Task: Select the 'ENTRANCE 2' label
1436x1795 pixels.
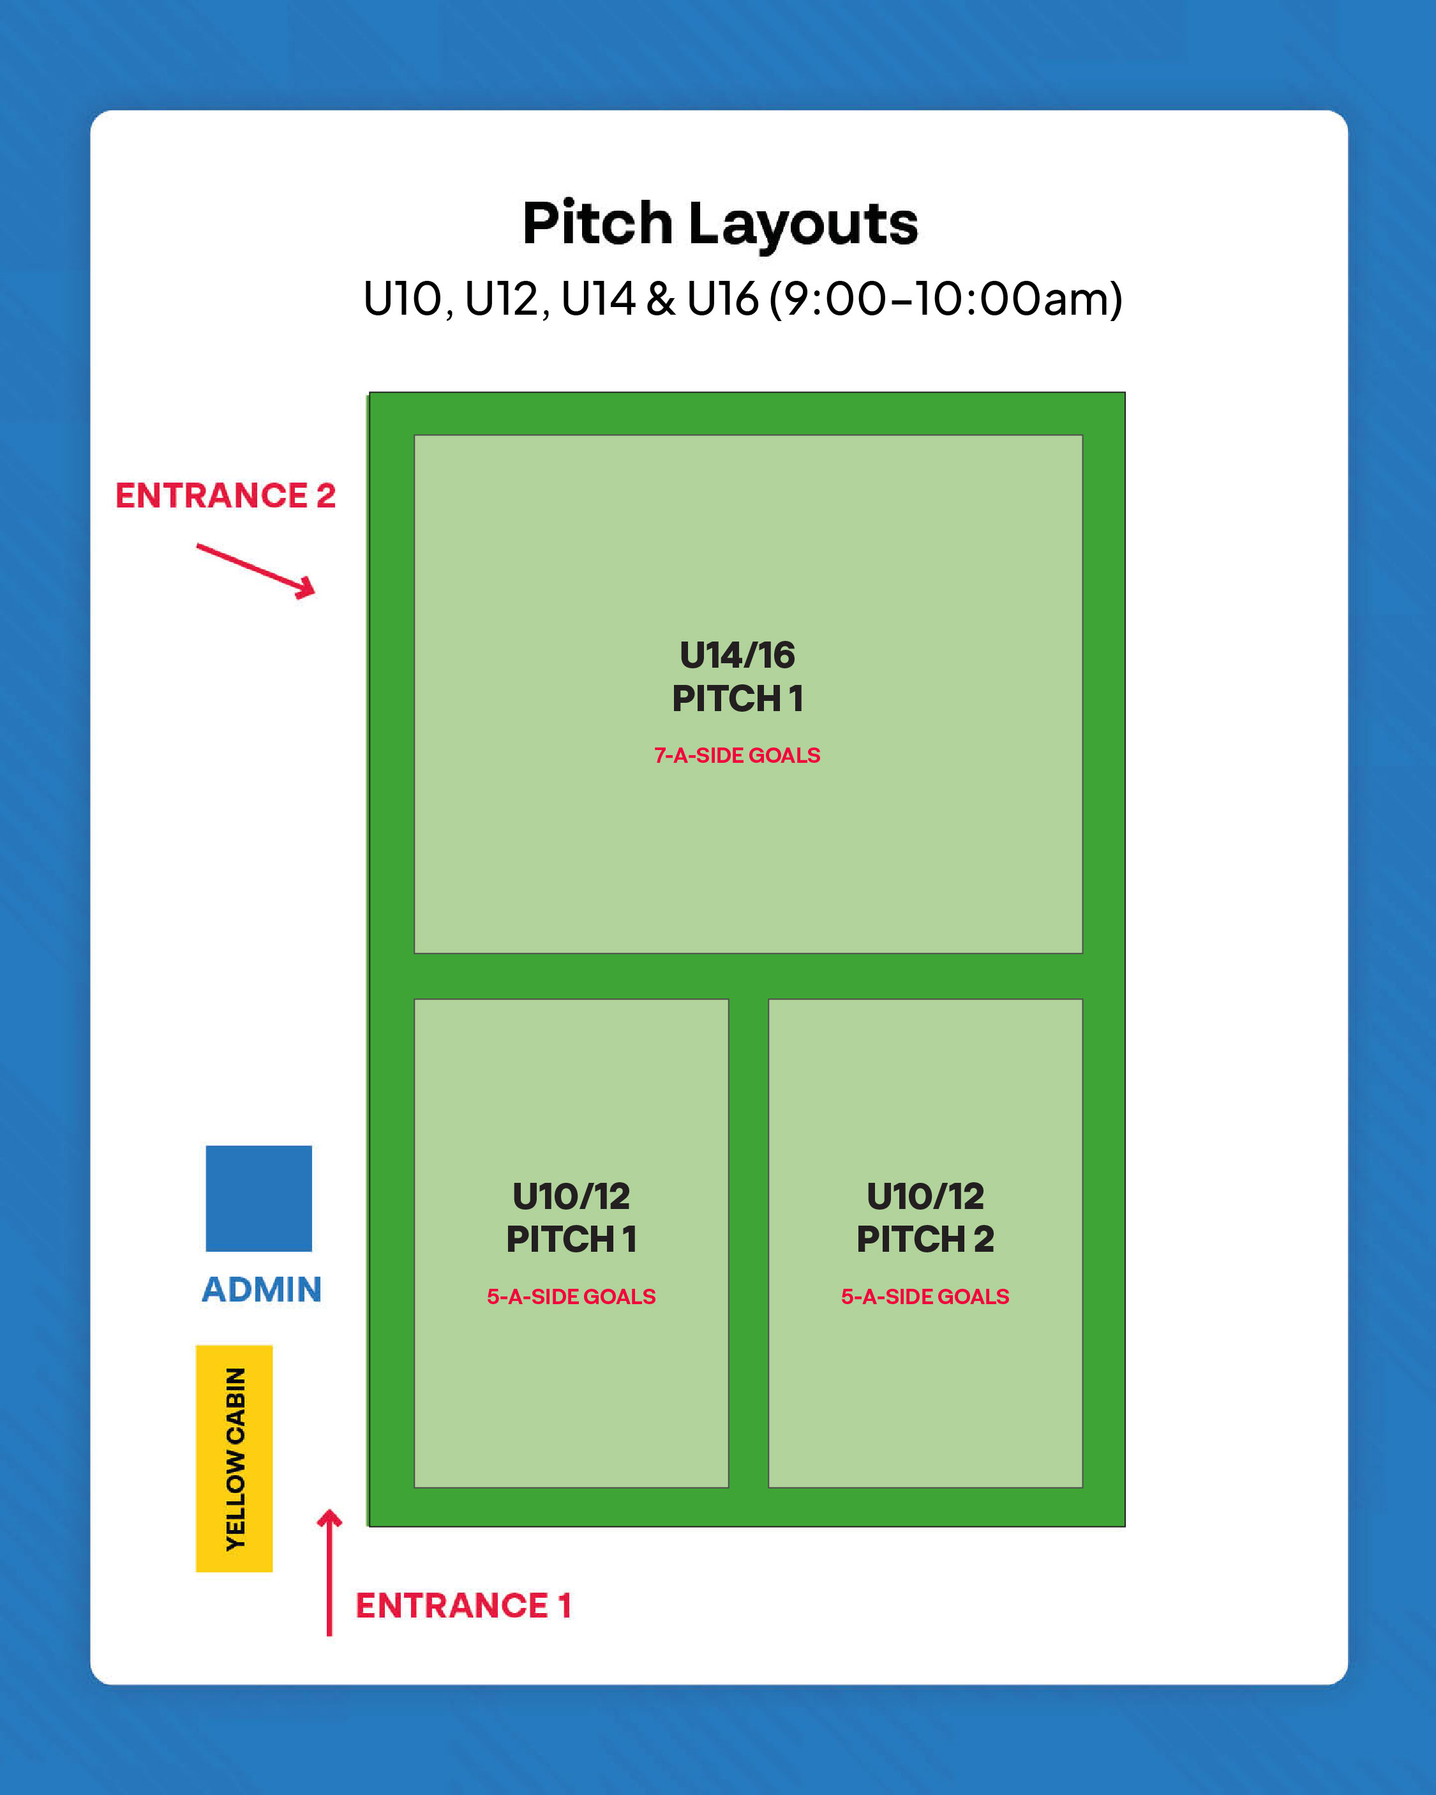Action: [x=225, y=495]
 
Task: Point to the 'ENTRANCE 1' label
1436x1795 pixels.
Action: [x=464, y=1605]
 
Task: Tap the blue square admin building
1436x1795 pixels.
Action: [x=259, y=1198]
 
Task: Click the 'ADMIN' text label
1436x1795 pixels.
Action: [x=262, y=1289]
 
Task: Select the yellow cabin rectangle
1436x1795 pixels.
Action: [x=234, y=1458]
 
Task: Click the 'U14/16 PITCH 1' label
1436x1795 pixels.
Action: [x=738, y=676]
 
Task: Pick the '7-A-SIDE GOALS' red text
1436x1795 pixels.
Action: [x=738, y=755]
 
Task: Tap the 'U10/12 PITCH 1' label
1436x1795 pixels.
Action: [x=572, y=1217]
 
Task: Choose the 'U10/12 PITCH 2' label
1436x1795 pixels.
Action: [x=925, y=1217]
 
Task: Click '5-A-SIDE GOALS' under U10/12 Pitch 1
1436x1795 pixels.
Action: [x=572, y=1296]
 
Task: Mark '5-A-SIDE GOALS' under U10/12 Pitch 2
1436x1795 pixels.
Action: [x=925, y=1296]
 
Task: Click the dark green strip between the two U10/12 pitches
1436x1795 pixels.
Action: [x=749, y=1240]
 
